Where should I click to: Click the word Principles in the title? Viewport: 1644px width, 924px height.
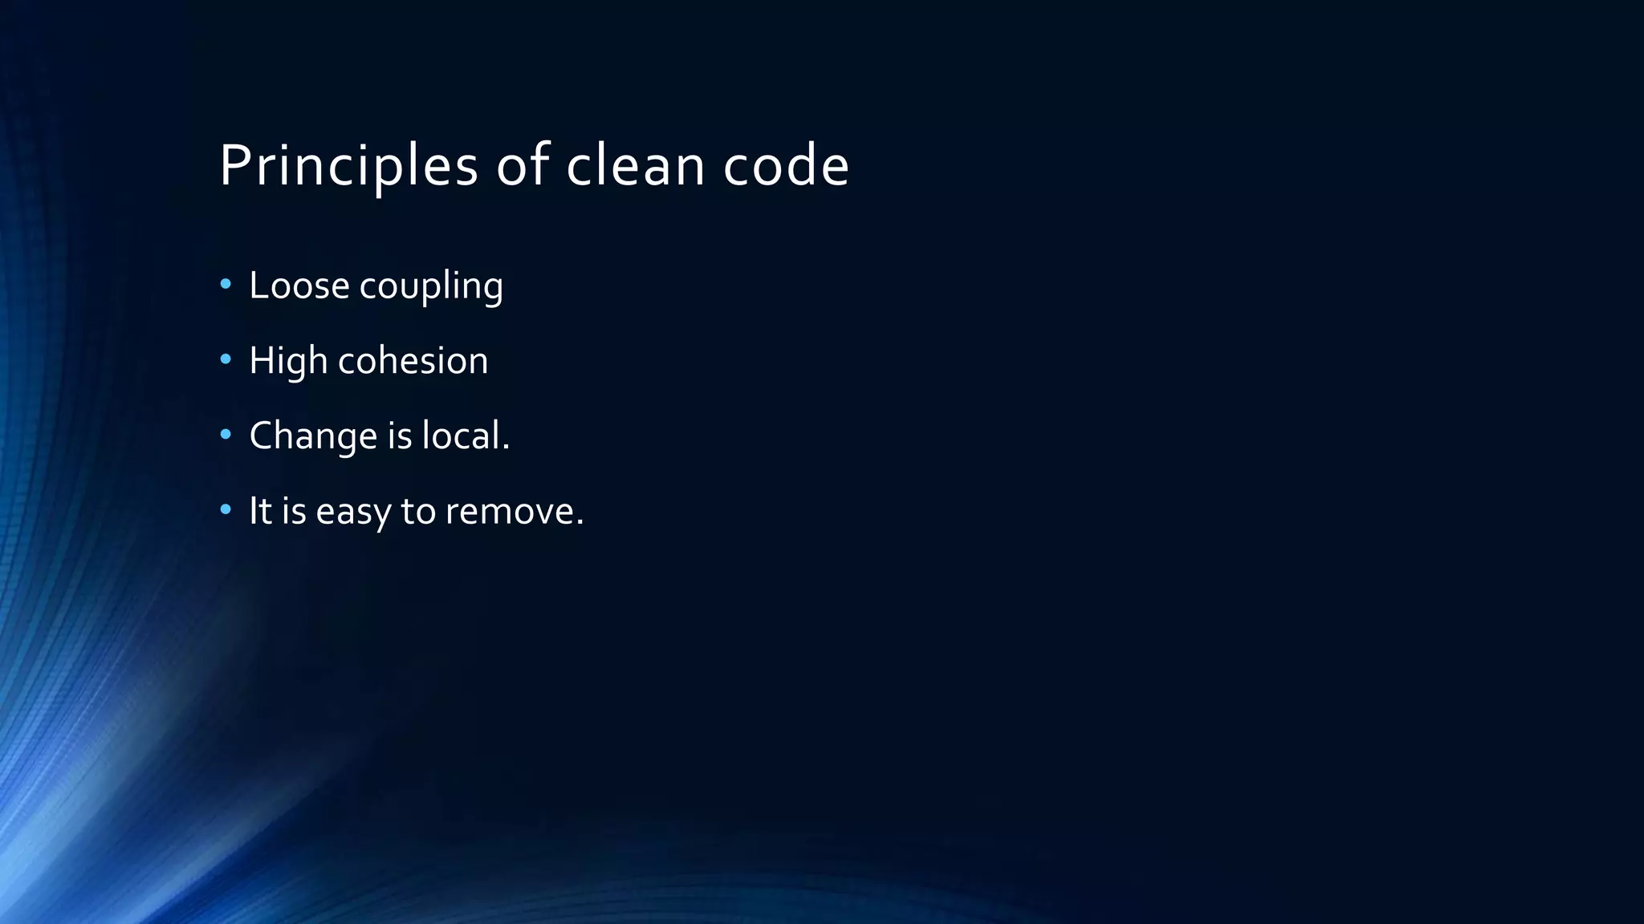point(348,166)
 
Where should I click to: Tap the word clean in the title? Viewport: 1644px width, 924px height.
point(635,166)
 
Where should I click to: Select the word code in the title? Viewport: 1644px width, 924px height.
point(786,166)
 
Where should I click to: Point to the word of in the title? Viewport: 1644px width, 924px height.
point(523,166)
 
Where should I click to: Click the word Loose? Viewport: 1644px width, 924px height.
point(299,286)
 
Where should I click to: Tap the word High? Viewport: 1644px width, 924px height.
point(287,361)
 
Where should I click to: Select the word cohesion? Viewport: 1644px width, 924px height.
point(413,361)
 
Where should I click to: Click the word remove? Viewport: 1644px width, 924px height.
point(514,512)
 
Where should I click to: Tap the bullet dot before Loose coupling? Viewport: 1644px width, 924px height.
point(226,284)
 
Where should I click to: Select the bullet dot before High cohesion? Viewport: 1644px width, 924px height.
point(226,359)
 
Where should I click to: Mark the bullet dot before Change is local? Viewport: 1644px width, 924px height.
point(226,435)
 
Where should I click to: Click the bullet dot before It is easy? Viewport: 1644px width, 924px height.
point(226,509)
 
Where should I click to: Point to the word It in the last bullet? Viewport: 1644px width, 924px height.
point(260,511)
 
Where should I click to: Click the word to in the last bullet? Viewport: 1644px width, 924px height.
point(417,511)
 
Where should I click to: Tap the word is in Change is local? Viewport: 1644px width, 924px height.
point(399,436)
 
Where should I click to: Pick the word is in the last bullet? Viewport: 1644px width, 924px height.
point(294,511)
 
